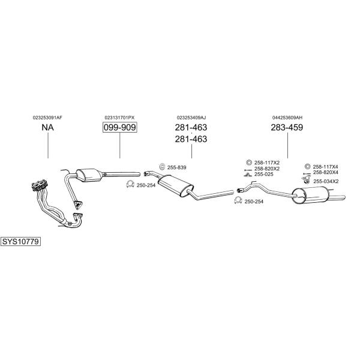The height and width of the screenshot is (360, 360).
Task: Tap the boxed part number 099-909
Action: point(119,127)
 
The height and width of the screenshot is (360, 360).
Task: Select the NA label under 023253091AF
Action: point(47,127)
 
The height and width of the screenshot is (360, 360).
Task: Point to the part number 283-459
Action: point(287,127)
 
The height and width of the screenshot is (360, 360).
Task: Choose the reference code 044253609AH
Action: point(287,117)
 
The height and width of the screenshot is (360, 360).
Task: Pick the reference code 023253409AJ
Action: point(191,117)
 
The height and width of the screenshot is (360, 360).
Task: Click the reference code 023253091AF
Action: point(47,117)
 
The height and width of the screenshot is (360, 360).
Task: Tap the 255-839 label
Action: point(177,167)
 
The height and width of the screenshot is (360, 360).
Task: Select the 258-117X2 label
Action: point(267,163)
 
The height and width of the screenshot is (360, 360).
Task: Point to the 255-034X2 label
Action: point(326,181)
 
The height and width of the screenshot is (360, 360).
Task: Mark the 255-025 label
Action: point(263,175)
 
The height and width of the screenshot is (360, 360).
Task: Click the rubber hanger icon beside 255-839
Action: point(161,166)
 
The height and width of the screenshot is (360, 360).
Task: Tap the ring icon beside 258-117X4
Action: point(308,166)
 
